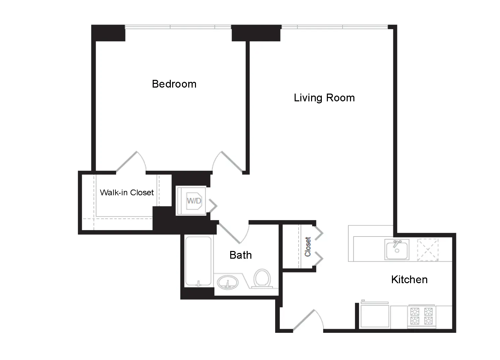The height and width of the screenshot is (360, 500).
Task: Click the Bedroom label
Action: click(x=174, y=84)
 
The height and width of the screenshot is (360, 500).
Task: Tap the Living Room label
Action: click(x=324, y=98)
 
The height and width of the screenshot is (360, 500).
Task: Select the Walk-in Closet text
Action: click(x=127, y=193)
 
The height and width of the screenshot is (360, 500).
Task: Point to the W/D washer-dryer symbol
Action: click(x=194, y=201)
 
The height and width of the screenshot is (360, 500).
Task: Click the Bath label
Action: click(x=241, y=255)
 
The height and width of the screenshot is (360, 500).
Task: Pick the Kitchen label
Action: click(x=409, y=279)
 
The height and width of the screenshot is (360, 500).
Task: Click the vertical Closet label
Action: click(x=308, y=247)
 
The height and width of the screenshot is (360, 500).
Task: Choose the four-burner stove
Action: click(x=421, y=316)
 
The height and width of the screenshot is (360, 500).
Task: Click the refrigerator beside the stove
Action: click(x=374, y=316)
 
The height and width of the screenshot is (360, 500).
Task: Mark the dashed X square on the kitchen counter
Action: click(x=428, y=250)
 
